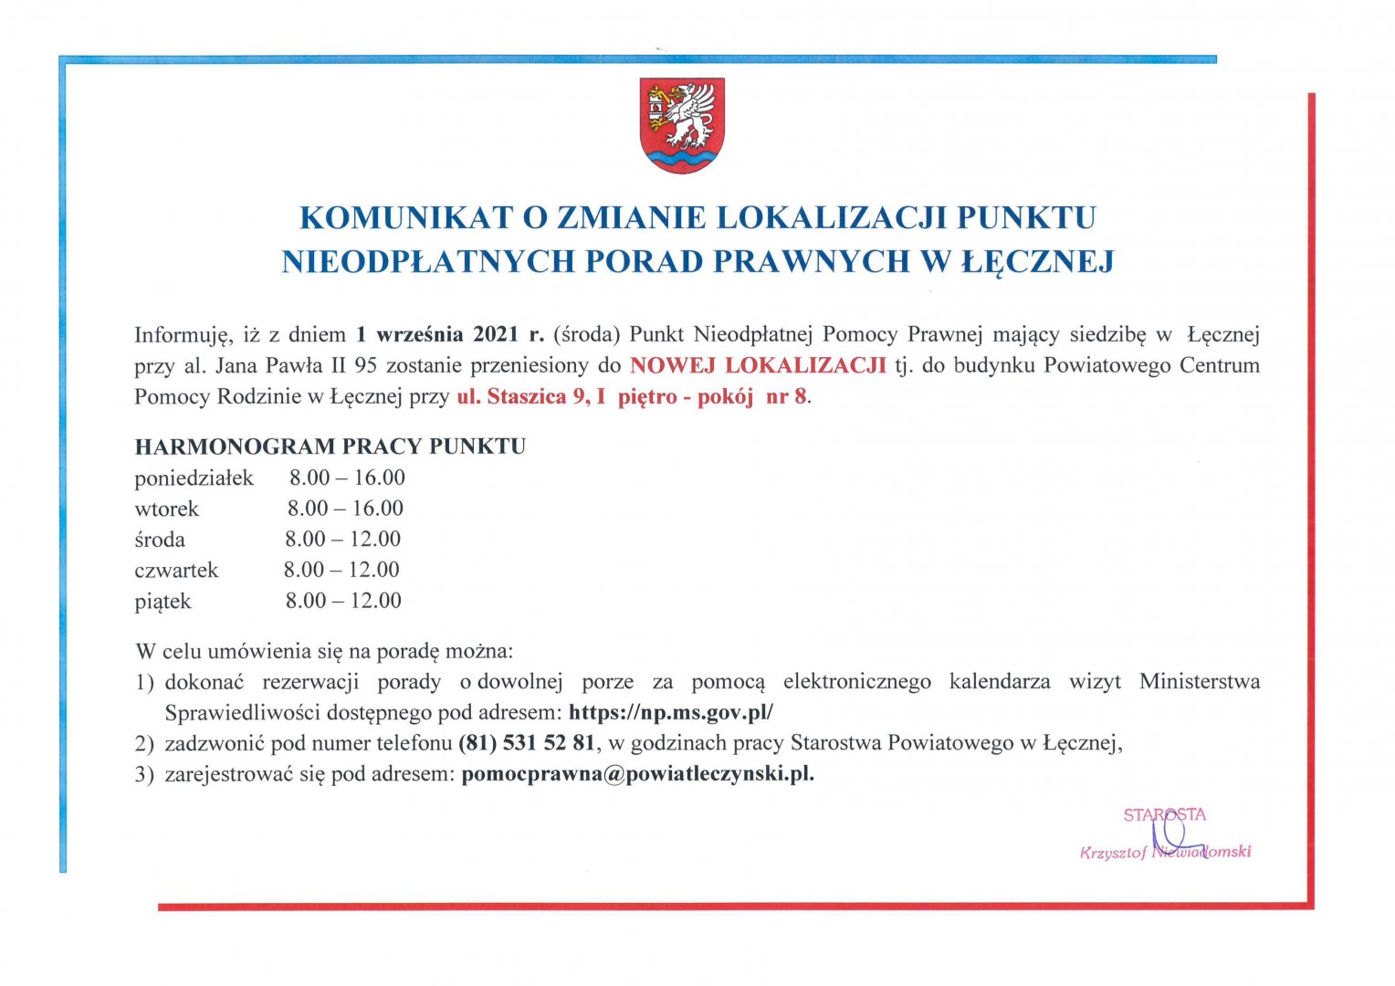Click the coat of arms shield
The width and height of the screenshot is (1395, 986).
[681, 125]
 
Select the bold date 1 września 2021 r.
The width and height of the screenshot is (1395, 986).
[449, 334]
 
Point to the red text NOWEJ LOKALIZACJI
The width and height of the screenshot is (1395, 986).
[758, 365]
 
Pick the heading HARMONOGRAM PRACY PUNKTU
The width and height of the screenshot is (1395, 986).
[330, 446]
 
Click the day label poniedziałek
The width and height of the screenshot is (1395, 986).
[194, 477]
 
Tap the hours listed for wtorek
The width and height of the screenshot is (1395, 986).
[345, 509]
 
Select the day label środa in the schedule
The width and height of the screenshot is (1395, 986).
[160, 540]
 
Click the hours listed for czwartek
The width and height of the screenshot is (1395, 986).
[341, 570]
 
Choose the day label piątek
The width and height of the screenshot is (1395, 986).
[163, 601]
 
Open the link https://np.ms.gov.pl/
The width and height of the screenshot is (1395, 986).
[670, 712]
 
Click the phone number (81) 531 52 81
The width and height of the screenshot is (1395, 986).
[527, 743]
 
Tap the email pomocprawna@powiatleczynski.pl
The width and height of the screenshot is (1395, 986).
[637, 774]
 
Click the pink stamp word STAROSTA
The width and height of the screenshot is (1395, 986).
[1164, 814]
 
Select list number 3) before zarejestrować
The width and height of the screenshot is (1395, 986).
[144, 775]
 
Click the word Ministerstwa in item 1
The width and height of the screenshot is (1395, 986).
[1199, 682]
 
